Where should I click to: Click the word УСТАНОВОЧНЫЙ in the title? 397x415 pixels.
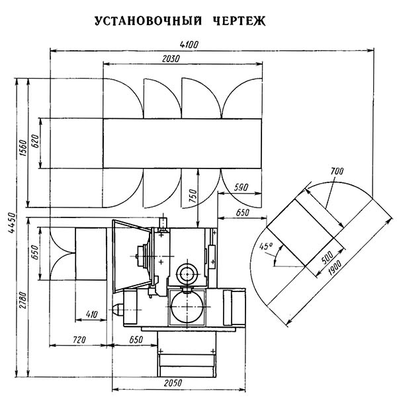point(148,21)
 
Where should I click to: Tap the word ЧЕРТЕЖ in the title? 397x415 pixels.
point(240,21)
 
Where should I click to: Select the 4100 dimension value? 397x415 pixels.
point(189,44)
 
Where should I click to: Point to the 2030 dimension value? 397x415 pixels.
point(171,59)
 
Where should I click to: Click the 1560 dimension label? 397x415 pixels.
point(23,148)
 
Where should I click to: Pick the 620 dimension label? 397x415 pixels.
point(34,141)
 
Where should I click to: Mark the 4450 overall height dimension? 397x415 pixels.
point(12,223)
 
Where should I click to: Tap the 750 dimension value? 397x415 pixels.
point(193,196)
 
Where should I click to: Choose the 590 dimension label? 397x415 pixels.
point(241,188)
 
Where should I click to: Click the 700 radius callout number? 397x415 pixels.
point(337,171)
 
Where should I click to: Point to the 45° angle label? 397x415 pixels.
point(266,246)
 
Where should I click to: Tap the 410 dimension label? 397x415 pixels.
point(92,314)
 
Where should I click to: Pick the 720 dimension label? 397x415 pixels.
point(79,340)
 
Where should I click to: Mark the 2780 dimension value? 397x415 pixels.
point(23,300)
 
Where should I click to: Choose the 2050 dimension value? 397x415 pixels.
point(173,383)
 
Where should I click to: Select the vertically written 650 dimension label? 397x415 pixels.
point(34,252)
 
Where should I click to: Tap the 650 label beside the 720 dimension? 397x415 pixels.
point(136,340)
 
